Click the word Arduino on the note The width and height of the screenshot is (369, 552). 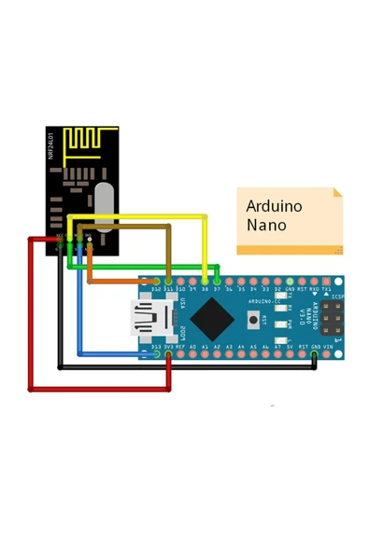[274, 206]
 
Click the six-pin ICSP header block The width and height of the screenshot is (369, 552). [330, 318]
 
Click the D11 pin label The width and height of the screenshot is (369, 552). [168, 290]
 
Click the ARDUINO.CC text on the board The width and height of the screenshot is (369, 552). [266, 302]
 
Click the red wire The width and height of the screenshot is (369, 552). [31, 317]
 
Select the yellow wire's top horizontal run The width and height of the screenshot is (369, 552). [140, 216]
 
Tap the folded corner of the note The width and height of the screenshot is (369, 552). [337, 193]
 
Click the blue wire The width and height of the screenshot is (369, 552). [79, 308]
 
